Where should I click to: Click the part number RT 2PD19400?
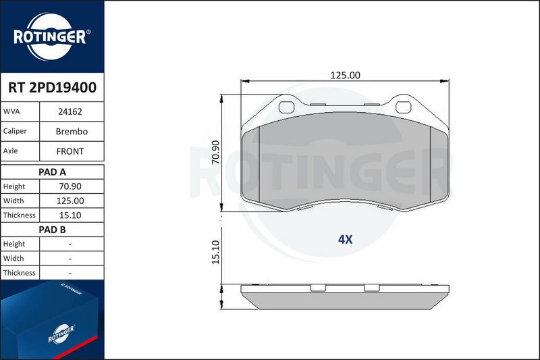[x=53, y=88]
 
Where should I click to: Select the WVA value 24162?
[x=70, y=111]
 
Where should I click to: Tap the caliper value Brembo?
[x=72, y=131]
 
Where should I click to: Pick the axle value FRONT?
[x=70, y=151]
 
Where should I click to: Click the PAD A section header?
[x=53, y=172]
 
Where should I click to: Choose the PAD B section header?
[x=53, y=230]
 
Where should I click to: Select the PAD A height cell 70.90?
[x=70, y=186]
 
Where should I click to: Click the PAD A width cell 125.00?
[x=70, y=201]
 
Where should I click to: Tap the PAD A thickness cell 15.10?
[x=70, y=215]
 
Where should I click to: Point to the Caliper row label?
[x=15, y=131]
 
